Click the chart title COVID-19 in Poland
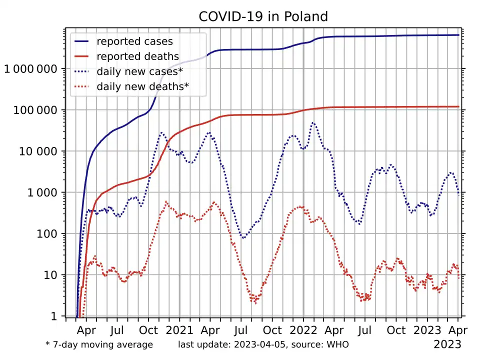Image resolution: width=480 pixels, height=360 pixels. click(x=263, y=16)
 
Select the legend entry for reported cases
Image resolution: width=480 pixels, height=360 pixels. click(x=134, y=41)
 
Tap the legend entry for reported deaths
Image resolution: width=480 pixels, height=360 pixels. click(x=137, y=56)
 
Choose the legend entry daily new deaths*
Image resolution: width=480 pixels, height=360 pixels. click(x=142, y=86)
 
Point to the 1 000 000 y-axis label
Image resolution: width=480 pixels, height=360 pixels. click(x=30, y=69)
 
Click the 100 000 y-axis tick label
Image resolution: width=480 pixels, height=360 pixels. click(x=34, y=110)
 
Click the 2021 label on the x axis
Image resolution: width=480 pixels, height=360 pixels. click(x=179, y=330)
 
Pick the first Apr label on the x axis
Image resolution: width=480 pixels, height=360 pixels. click(x=86, y=330)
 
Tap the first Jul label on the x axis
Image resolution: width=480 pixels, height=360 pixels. click(x=117, y=330)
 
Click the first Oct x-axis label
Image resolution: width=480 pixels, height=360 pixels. click(x=148, y=330)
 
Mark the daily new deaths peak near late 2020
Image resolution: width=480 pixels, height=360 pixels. click(x=166, y=202)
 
